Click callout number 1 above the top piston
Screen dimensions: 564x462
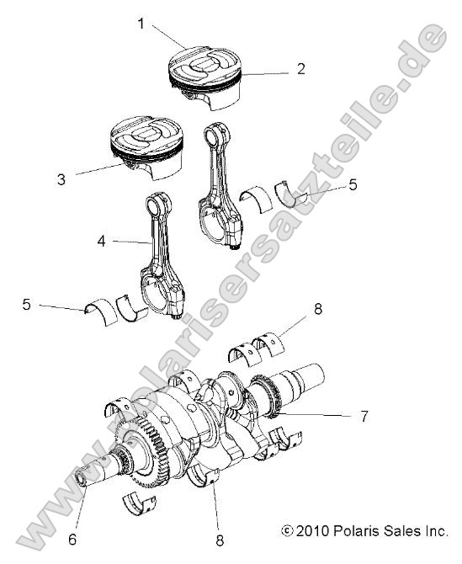point(141,24)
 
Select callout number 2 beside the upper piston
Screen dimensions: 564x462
point(300,69)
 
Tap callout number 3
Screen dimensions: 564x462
point(61,179)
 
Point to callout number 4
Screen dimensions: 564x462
point(101,241)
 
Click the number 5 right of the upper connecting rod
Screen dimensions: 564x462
point(353,183)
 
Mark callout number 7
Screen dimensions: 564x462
point(364,416)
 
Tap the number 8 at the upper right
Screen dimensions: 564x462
point(318,309)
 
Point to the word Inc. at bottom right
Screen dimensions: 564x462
point(434,531)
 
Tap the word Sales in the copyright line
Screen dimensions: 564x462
point(401,531)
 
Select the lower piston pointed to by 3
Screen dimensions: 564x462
point(147,146)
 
